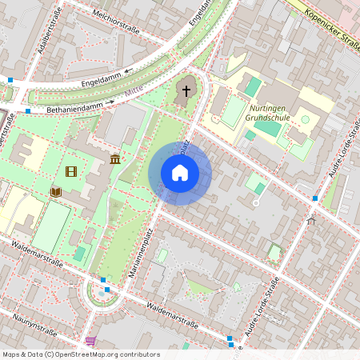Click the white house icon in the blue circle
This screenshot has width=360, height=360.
(x=180, y=173)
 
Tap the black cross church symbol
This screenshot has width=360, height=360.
(x=186, y=90)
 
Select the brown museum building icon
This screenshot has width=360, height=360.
(x=115, y=159)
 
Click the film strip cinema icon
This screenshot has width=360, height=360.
(x=72, y=171)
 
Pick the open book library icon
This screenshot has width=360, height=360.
(x=56, y=192)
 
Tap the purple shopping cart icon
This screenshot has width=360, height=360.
(x=90, y=341)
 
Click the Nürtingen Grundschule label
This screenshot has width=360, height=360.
(x=270, y=113)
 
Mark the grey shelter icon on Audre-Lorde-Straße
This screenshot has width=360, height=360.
(x=311, y=218)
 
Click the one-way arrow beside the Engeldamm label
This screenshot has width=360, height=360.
(x=127, y=72)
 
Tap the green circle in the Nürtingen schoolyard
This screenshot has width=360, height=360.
(x=305, y=119)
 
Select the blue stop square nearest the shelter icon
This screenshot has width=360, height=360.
(x=315, y=198)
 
